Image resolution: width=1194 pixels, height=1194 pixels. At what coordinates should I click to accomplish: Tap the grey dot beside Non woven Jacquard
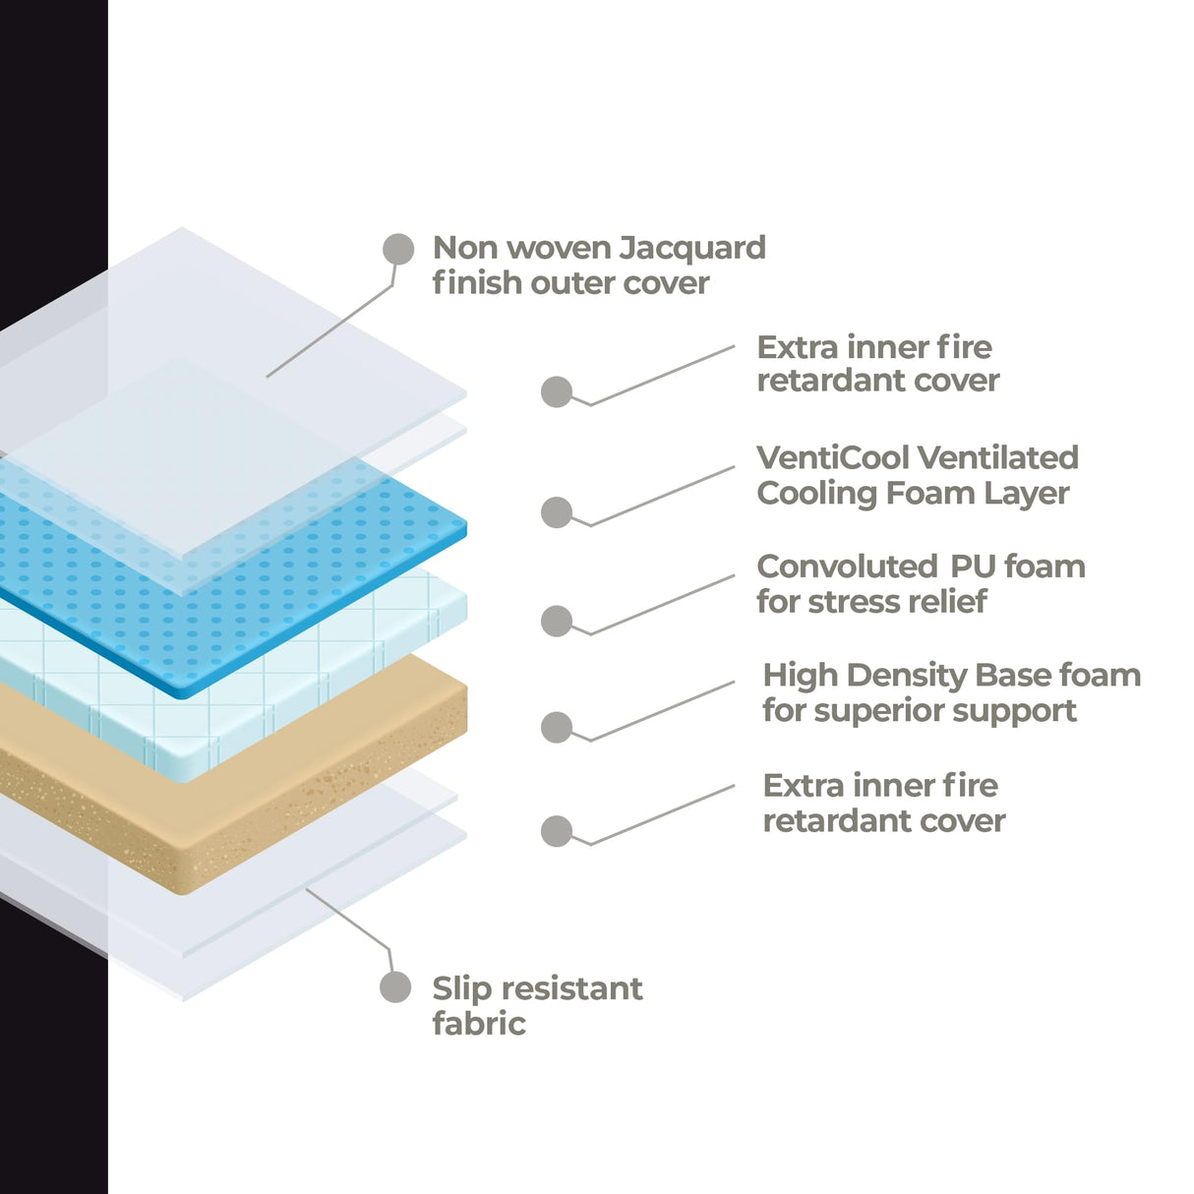[x=398, y=249]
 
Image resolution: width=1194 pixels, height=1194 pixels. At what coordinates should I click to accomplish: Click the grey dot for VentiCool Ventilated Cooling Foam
[x=557, y=512]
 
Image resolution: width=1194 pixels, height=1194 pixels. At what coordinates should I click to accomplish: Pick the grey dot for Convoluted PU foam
[x=557, y=621]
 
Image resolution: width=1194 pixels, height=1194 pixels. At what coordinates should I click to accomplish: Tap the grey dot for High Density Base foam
[x=557, y=728]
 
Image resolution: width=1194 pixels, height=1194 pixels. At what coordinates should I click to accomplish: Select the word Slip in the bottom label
[x=461, y=988]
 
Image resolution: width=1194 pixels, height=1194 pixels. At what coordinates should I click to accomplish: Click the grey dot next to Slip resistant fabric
[x=395, y=987]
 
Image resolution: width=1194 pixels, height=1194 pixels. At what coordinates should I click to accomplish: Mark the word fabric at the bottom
[x=479, y=1024]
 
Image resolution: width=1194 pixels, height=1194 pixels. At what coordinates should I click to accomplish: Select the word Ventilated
[x=1001, y=457]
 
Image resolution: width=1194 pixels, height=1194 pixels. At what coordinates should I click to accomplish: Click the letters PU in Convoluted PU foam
[x=973, y=567]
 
